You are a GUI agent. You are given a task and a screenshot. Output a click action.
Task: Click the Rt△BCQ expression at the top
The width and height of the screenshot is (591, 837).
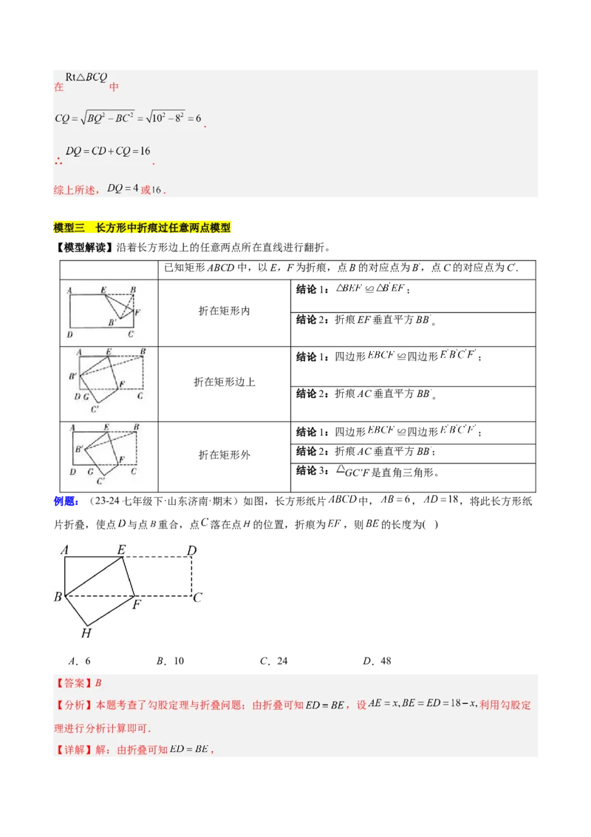[x=86, y=77]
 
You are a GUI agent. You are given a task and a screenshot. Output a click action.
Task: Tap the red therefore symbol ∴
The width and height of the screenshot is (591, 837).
[x=58, y=160]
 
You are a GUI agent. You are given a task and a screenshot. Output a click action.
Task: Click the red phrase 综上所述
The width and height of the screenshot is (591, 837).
[x=75, y=189]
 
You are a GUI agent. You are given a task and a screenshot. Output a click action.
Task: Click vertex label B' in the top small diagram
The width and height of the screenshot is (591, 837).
[x=112, y=322]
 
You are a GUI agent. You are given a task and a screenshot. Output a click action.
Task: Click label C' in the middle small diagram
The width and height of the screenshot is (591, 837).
[x=95, y=409]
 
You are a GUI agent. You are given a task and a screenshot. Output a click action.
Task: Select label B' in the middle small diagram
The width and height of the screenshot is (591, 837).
[x=72, y=376]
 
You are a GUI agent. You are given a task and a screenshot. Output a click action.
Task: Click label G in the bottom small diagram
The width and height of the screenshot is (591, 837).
[x=90, y=471]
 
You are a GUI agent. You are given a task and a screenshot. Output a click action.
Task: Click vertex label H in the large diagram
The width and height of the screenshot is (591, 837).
[x=86, y=633]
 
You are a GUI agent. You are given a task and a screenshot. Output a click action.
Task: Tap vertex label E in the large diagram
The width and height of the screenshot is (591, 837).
[x=121, y=549]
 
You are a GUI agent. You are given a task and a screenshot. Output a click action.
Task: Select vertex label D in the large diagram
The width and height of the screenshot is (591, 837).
[x=191, y=549]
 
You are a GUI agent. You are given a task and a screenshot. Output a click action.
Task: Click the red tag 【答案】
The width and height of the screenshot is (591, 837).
[x=73, y=683]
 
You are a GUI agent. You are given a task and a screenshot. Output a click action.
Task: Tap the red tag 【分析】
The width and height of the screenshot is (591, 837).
[x=73, y=705]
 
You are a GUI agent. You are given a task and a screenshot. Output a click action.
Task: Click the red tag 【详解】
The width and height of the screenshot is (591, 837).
[x=73, y=750]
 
